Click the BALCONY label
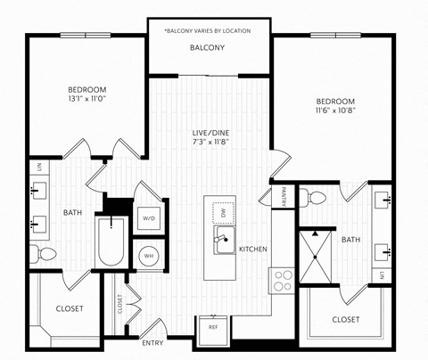(207, 47)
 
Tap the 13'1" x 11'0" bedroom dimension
(87, 100)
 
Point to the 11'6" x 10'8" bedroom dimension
(335, 111)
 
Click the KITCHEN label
(254, 249)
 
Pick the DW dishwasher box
(224, 211)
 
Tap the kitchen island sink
(224, 240)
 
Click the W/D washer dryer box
(149, 217)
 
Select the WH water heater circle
(148, 255)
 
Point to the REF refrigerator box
(213, 327)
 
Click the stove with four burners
(283, 281)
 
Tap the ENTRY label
(152, 342)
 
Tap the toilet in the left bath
(41, 253)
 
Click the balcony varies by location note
(207, 30)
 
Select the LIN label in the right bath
(383, 274)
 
